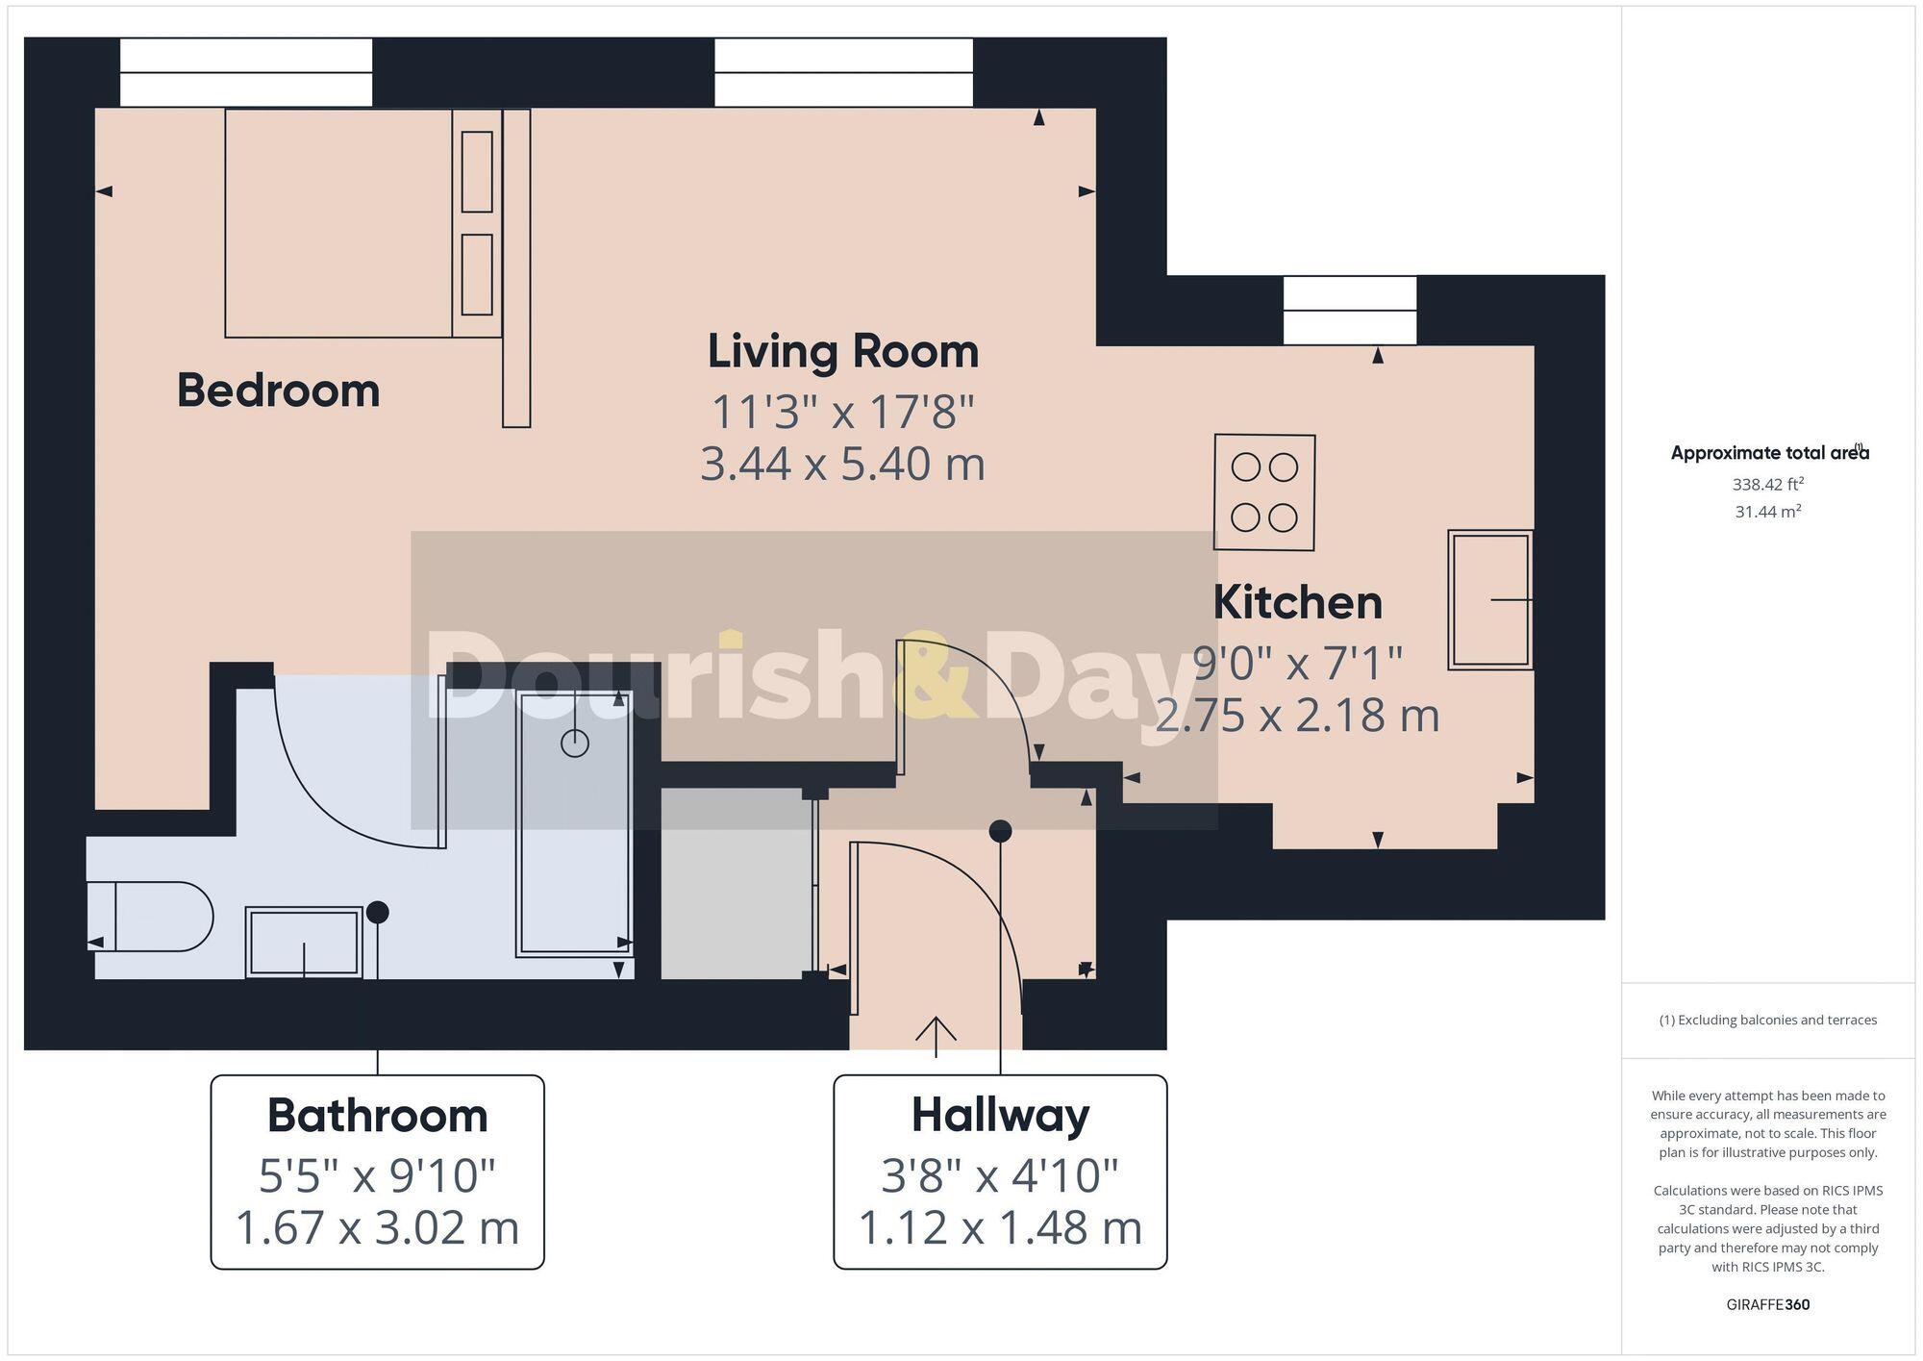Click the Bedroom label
[x=278, y=391]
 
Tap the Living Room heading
[x=843, y=351]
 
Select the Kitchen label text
[x=1297, y=603]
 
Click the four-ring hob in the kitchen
[x=1264, y=492]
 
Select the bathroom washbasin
[x=304, y=942]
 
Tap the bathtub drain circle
[x=575, y=743]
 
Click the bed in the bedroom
[x=338, y=223]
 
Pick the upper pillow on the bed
[x=477, y=171]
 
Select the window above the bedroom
[x=246, y=73]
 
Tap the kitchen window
[x=1350, y=311]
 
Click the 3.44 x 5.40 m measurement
[x=843, y=465]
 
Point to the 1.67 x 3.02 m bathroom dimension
[x=377, y=1228]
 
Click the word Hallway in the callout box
[x=1000, y=1116]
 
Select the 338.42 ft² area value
[x=1767, y=484]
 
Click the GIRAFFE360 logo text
[x=1767, y=1304]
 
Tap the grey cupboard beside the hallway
[x=736, y=883]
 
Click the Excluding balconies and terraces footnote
[x=1767, y=1020]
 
